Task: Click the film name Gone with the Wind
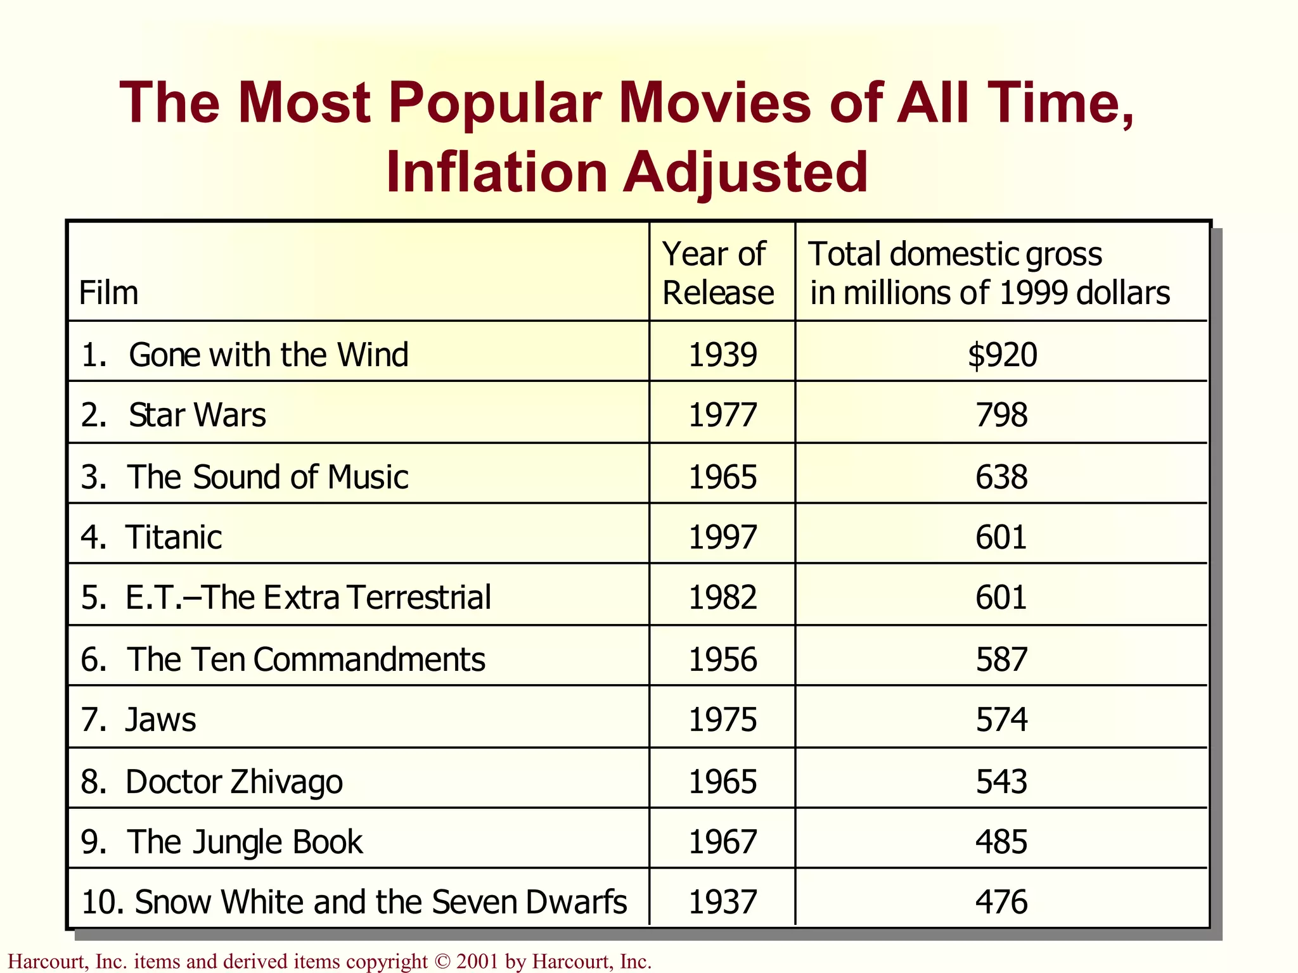point(268,355)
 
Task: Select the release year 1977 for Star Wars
point(723,416)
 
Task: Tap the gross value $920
point(1002,355)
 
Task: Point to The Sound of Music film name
point(267,477)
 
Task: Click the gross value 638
point(1001,477)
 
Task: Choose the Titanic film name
point(174,538)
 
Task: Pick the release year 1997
point(723,538)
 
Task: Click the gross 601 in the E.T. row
point(1001,597)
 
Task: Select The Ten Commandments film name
point(305,659)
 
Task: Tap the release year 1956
point(723,659)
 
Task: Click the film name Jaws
point(161,720)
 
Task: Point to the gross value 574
point(1001,720)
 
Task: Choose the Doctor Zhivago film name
point(234,782)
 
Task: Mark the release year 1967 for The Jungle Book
point(723,842)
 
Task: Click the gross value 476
point(1001,902)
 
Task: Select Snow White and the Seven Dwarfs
point(380,902)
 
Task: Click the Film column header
point(108,293)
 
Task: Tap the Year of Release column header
point(718,274)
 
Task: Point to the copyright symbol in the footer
point(442,962)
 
